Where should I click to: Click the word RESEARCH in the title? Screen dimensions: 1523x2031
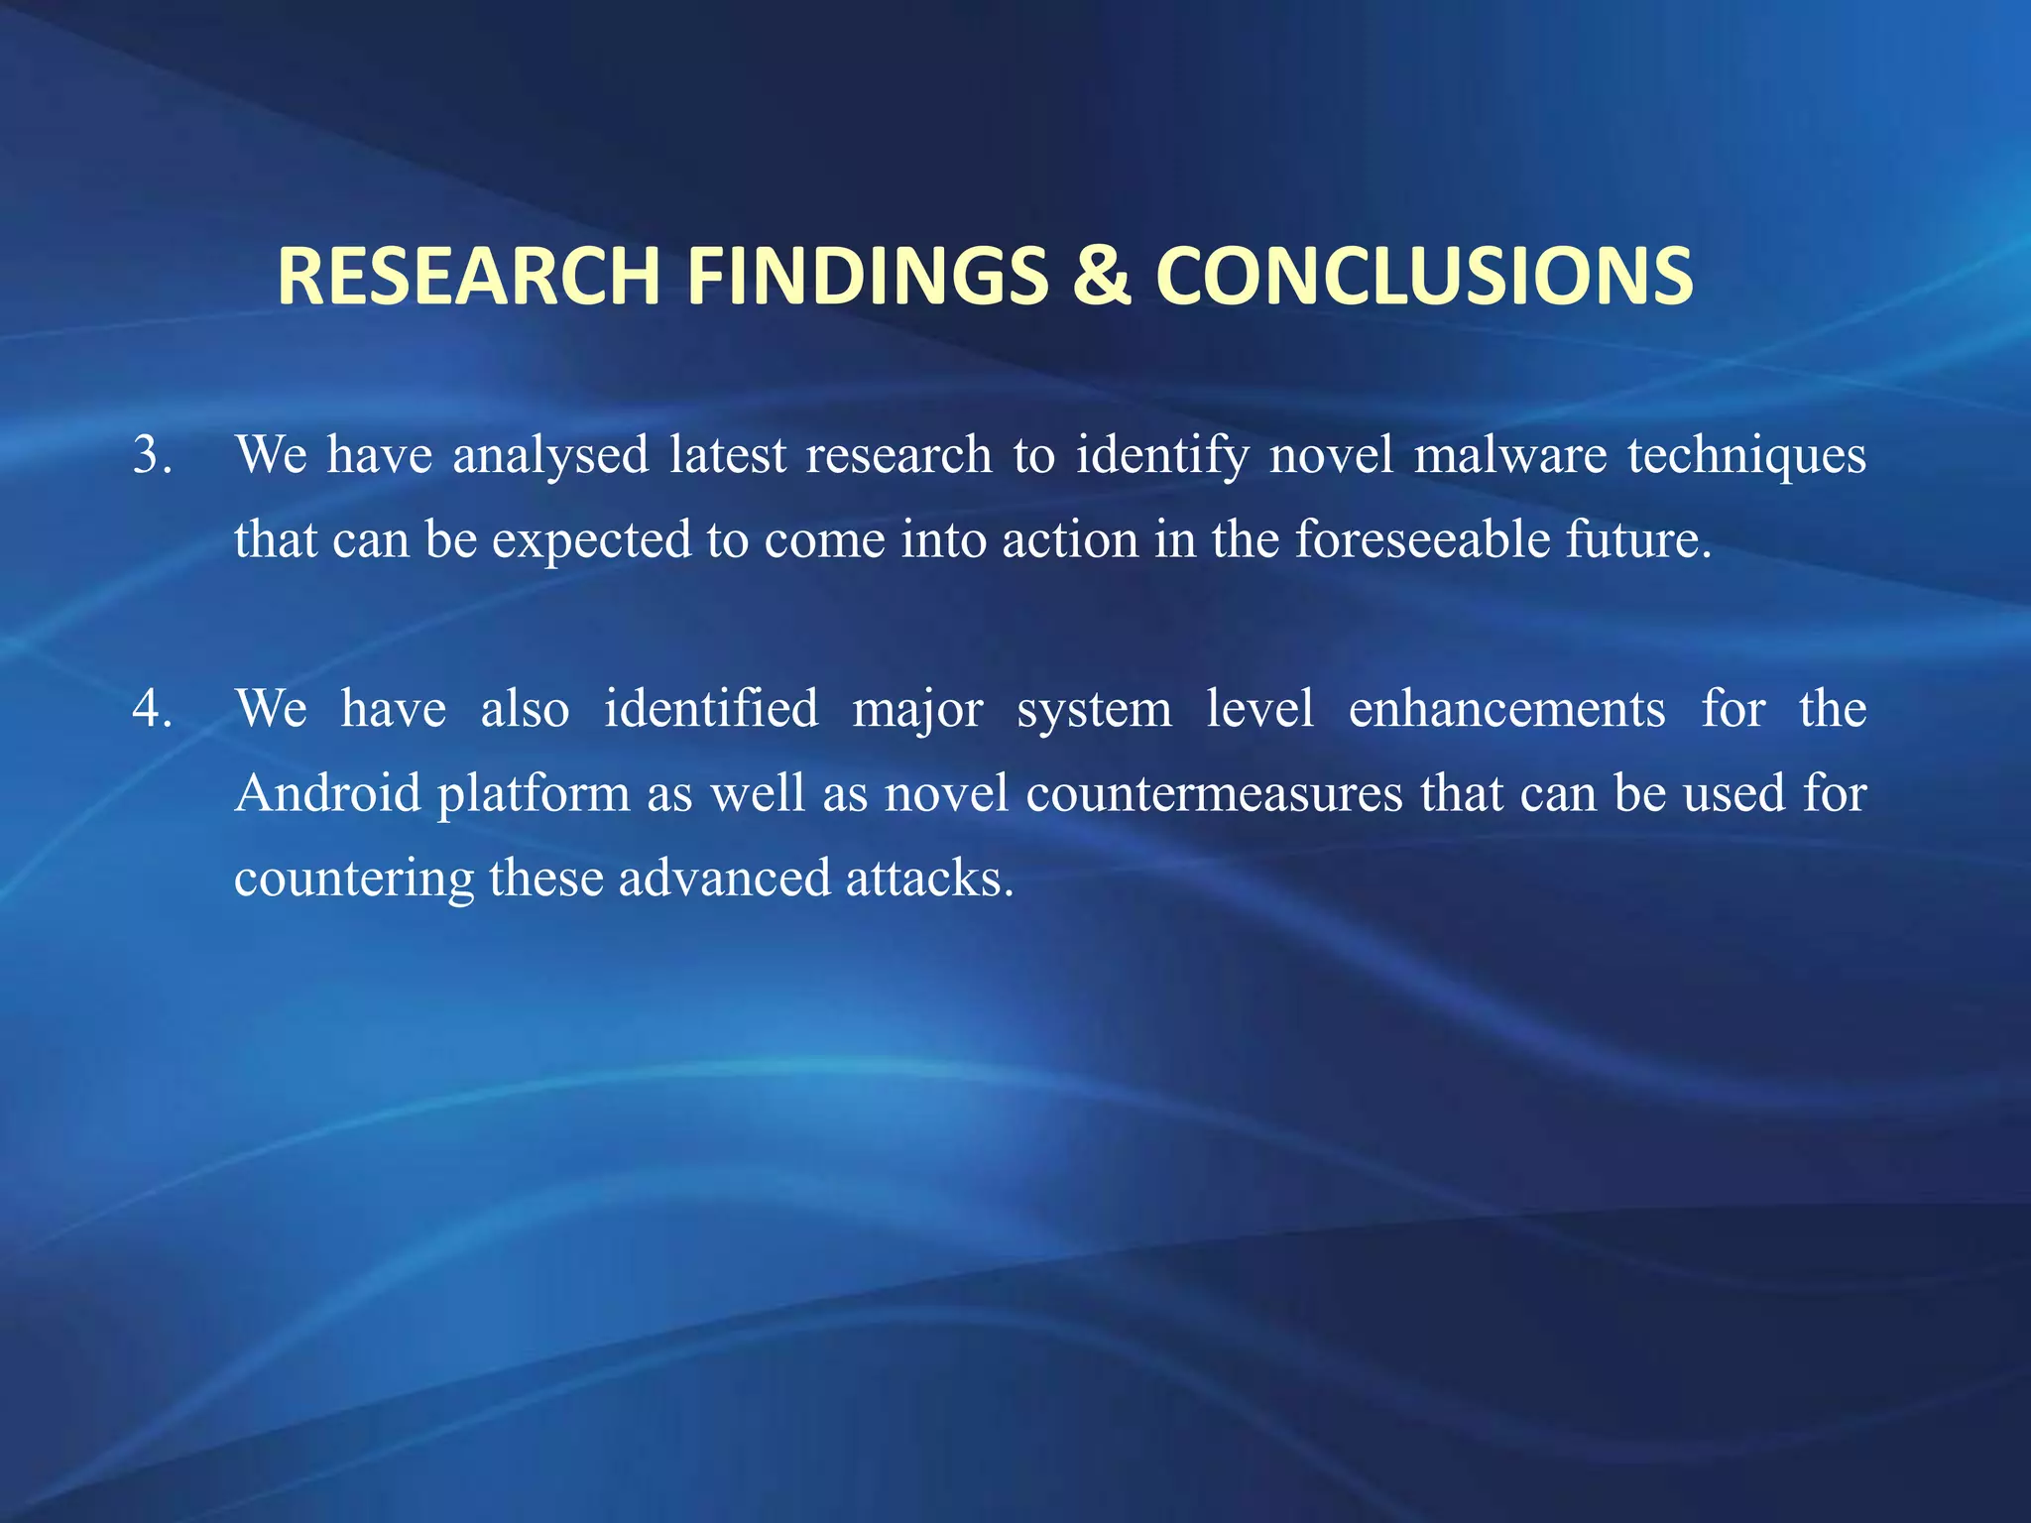468,276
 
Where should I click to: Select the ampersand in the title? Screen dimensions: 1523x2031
1101,276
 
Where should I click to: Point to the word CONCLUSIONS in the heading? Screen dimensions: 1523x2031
1424,276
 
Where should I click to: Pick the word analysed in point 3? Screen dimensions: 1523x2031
550,455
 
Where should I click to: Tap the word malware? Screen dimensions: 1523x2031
1509,455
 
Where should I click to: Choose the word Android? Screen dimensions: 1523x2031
328,793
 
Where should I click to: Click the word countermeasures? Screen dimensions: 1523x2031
1214,793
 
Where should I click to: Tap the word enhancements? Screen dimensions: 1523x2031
1506,709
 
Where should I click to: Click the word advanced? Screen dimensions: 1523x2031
724,879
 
